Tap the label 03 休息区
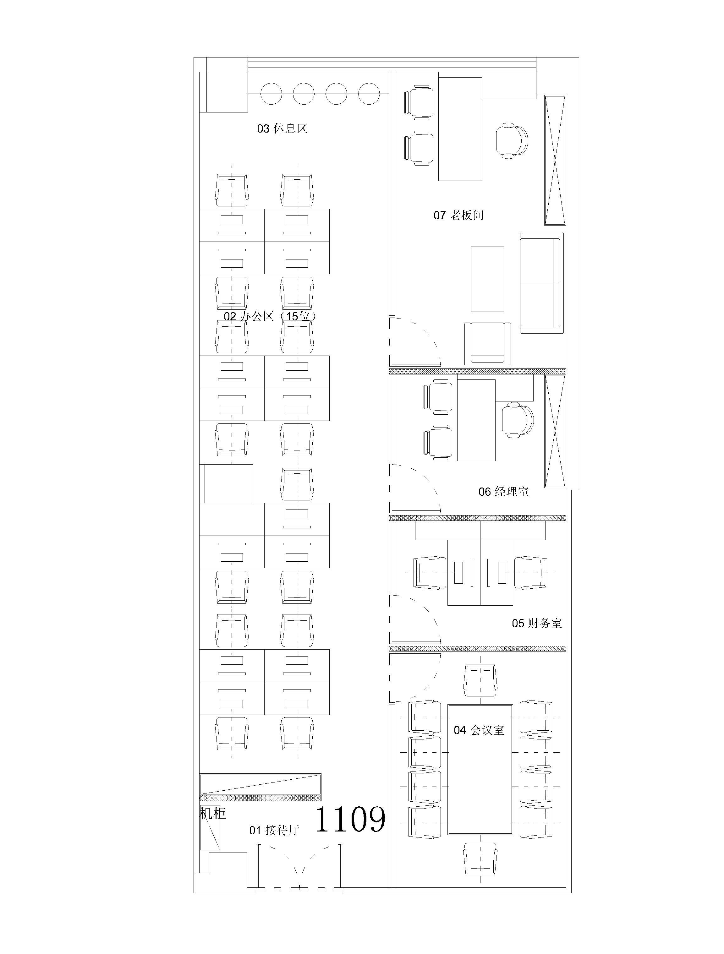click(x=282, y=128)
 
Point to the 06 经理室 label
click(x=503, y=491)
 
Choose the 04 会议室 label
click(x=479, y=730)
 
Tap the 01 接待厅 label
click(x=274, y=830)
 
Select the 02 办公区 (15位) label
click(x=270, y=316)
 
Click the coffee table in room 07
click(x=487, y=279)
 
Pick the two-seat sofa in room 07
click(x=541, y=282)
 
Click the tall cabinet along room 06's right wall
click(x=555, y=431)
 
